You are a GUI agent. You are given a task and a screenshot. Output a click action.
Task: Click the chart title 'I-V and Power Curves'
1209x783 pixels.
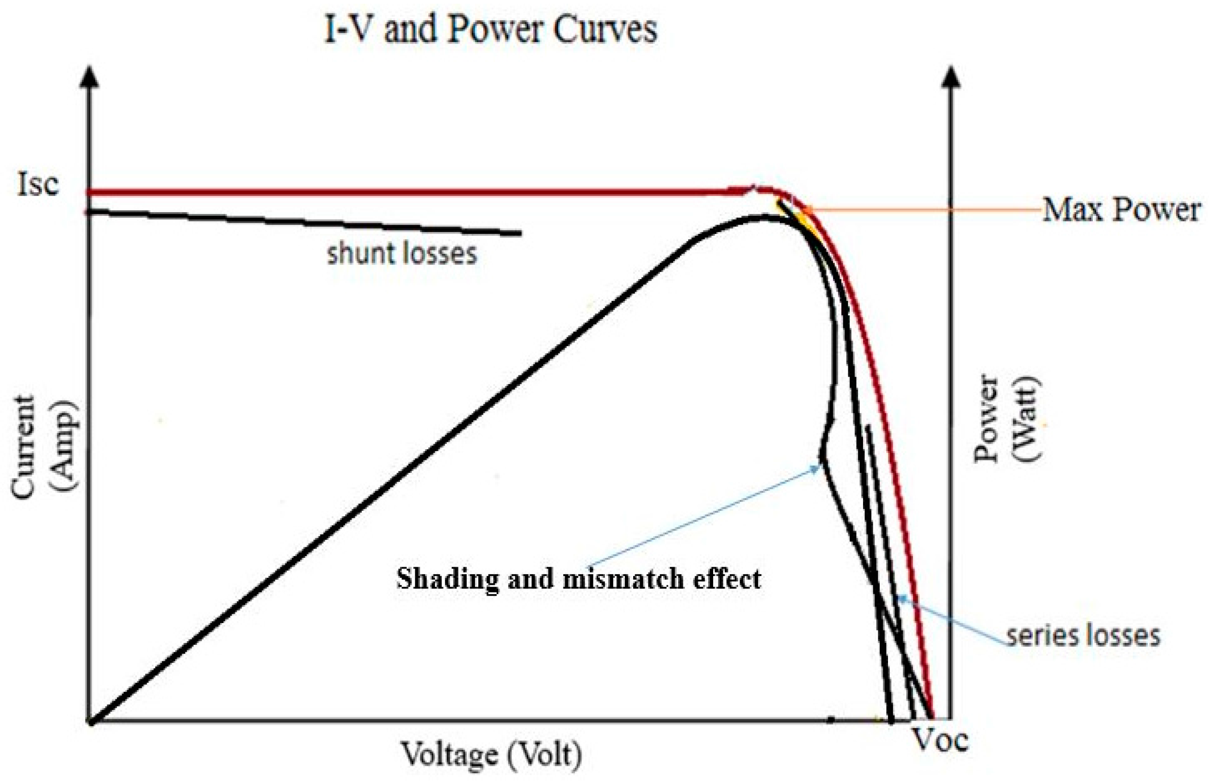tap(491, 29)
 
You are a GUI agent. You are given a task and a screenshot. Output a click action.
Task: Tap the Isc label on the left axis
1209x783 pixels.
tap(38, 184)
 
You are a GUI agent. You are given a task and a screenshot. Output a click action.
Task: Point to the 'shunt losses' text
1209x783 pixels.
tap(402, 253)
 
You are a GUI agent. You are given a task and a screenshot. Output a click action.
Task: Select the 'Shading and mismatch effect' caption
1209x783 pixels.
tap(579, 579)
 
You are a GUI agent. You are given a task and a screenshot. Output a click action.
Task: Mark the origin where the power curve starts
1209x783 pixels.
tap(92, 720)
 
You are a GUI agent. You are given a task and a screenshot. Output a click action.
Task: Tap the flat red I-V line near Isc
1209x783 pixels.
tap(407, 192)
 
